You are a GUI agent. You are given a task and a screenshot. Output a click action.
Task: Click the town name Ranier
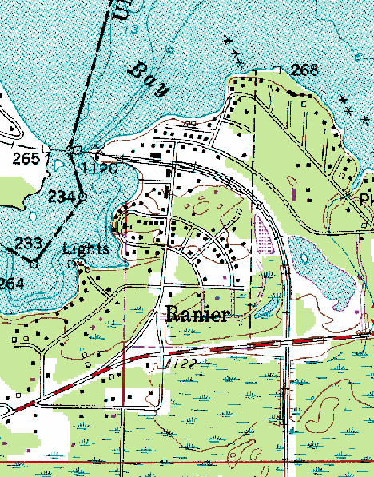point(197,314)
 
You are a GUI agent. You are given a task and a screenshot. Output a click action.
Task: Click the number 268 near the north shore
point(304,70)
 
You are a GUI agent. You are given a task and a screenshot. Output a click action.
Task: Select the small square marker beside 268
point(277,70)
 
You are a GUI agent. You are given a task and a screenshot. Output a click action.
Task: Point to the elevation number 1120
point(100,168)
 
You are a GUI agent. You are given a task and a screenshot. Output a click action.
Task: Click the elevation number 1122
point(181,364)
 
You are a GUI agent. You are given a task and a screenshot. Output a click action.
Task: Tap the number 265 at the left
point(26,159)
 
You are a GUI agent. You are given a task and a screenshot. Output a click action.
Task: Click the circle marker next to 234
point(82,197)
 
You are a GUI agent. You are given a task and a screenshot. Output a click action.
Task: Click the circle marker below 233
point(34,263)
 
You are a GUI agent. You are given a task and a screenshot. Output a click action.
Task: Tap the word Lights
point(86,249)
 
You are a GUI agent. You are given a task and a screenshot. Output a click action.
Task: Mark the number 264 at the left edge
point(11,284)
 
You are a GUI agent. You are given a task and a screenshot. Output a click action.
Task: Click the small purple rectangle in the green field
point(294,193)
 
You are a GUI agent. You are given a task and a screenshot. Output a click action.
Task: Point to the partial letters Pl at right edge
point(366,199)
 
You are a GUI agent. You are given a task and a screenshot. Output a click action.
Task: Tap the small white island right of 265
point(50,149)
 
